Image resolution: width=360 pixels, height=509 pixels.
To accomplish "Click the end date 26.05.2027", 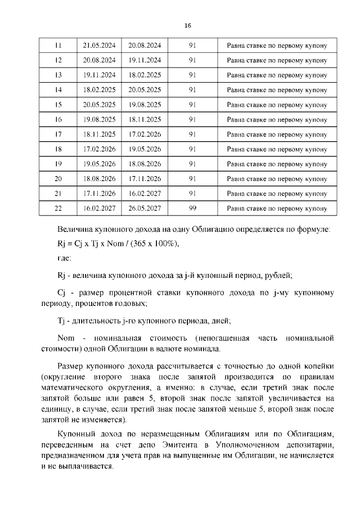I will [145, 208].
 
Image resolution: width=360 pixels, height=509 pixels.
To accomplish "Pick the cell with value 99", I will [192, 208].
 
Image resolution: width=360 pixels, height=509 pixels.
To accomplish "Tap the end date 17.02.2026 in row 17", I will [145, 134].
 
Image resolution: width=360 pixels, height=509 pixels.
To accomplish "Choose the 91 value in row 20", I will [192, 178].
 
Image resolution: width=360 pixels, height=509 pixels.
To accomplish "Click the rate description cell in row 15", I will [276, 105].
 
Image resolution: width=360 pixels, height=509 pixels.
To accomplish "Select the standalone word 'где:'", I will [64, 258].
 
